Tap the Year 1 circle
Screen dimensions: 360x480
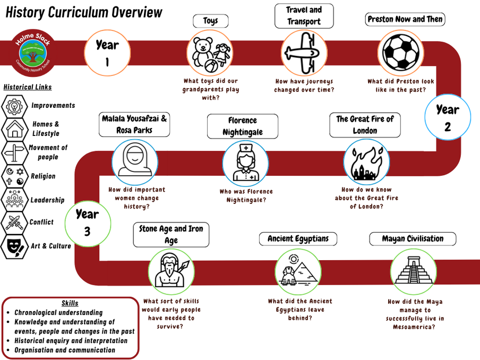107,53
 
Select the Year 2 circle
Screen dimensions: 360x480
448,117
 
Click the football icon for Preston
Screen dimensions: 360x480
401,53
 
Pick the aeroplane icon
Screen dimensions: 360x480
304,53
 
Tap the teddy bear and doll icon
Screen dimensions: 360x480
210,53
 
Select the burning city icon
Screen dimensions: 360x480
366,162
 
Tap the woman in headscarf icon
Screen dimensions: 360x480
134,160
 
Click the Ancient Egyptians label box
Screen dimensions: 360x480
298,239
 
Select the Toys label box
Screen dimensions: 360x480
210,21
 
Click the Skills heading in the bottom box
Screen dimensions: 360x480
70,303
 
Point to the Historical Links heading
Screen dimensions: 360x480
28,87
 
